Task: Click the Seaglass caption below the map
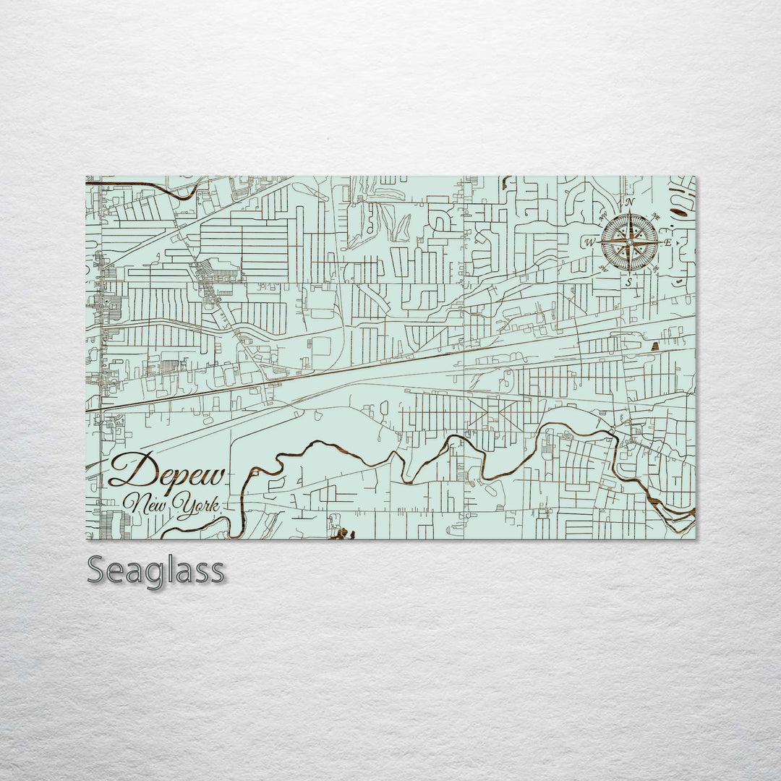coord(155,571)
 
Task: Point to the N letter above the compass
coord(630,202)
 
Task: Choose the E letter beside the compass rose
coord(668,242)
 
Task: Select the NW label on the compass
coord(603,215)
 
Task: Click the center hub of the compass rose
coord(630,242)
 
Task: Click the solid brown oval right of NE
coord(678,212)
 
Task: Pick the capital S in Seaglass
coord(98,571)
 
